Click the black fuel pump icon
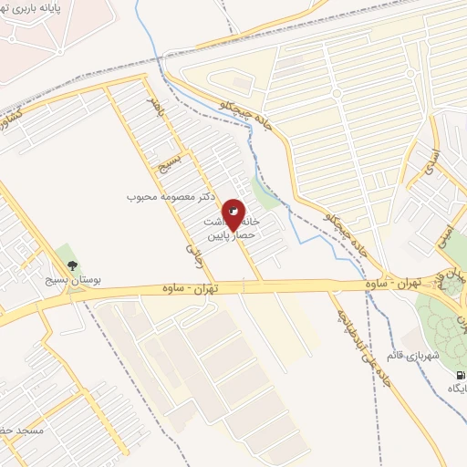coord(460,374)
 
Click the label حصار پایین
coord(228,235)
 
